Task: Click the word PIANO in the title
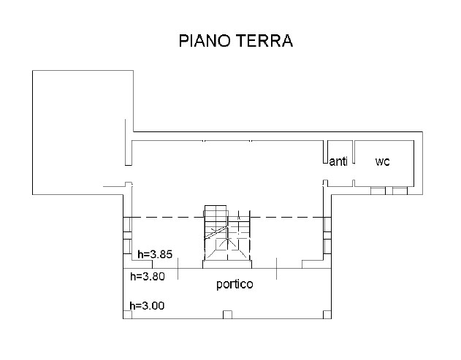coord(205,41)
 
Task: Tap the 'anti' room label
coord(338,161)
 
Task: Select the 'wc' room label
coord(383,161)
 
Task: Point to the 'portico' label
coord(235,284)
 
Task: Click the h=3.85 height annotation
coord(155,254)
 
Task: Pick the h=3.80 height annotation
coord(148,277)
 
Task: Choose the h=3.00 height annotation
coord(147,306)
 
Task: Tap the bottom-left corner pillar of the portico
coord(128,315)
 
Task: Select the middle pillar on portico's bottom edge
coord(227,315)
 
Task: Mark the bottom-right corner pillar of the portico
coord(327,315)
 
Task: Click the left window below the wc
coord(378,191)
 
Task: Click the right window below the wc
coord(400,191)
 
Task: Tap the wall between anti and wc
coord(354,152)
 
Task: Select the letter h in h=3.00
coord(132,306)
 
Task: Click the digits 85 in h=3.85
coord(166,254)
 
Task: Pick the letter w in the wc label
coord(380,162)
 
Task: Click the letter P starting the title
coord(183,41)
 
